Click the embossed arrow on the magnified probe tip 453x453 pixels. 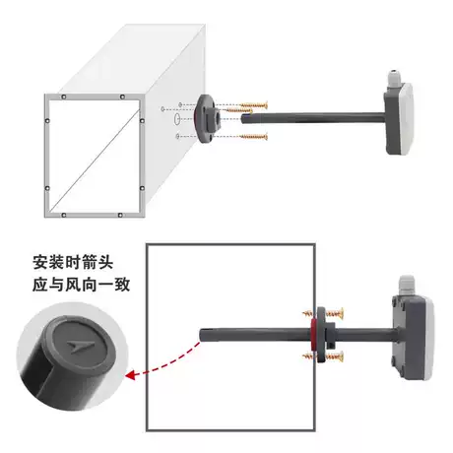(x=80, y=347)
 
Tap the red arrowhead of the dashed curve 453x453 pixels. (x=131, y=375)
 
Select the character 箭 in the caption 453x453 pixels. (x=90, y=263)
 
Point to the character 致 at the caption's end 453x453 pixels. (x=122, y=285)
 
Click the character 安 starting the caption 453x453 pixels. (x=40, y=263)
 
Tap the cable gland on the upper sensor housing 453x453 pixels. (x=393, y=79)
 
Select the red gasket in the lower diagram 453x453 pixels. (x=313, y=335)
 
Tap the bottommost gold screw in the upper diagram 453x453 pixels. (x=253, y=136)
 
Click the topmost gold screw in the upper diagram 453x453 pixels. (x=254, y=105)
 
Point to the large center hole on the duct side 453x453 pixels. (x=176, y=118)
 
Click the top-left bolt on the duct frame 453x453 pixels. (x=64, y=97)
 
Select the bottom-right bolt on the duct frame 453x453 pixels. (x=120, y=216)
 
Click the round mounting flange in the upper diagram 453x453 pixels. (x=206, y=119)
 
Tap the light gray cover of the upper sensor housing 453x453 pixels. (x=408, y=119)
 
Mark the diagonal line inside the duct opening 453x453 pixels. (x=96, y=160)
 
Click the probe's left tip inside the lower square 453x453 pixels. (x=200, y=334)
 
